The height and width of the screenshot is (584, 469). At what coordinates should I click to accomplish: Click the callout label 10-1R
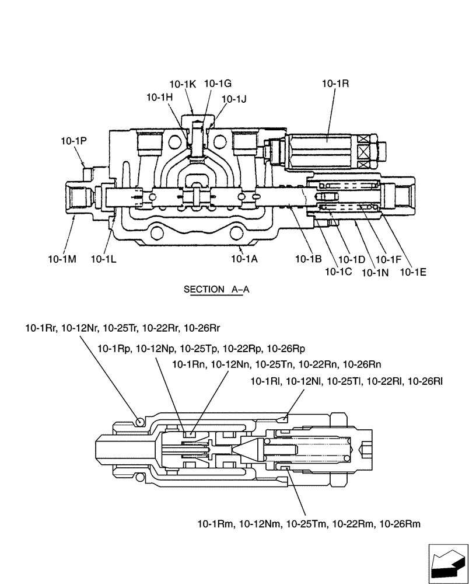tap(335, 84)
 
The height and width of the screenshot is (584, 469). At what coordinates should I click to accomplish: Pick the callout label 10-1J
tap(235, 99)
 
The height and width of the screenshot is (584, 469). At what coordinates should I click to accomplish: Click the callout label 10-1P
tap(73, 141)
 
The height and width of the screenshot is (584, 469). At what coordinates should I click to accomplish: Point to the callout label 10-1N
tap(375, 272)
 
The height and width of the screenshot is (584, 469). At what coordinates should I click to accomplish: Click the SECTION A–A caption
tap(216, 289)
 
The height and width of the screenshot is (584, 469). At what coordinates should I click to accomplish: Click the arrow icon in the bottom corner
tap(447, 564)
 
